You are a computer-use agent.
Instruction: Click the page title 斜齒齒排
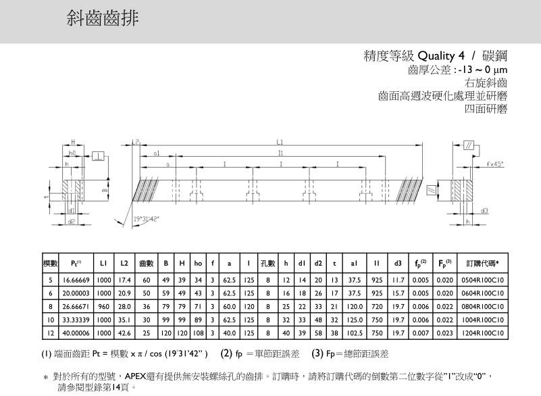(103, 19)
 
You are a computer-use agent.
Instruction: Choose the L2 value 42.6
(124, 333)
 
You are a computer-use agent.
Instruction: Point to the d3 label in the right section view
(484, 211)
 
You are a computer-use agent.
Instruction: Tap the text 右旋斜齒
(486, 82)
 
